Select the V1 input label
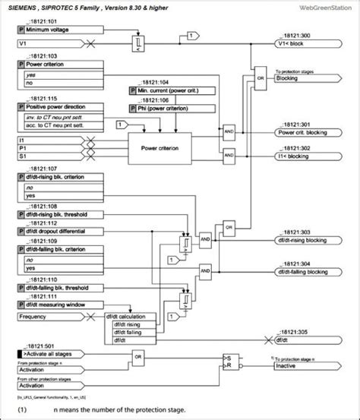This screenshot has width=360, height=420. click(x=22, y=45)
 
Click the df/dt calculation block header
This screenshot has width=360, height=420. click(x=130, y=316)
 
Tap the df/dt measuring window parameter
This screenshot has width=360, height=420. click(x=58, y=304)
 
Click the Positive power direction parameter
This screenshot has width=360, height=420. click(x=57, y=107)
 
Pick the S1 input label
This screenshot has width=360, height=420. click(x=22, y=156)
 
